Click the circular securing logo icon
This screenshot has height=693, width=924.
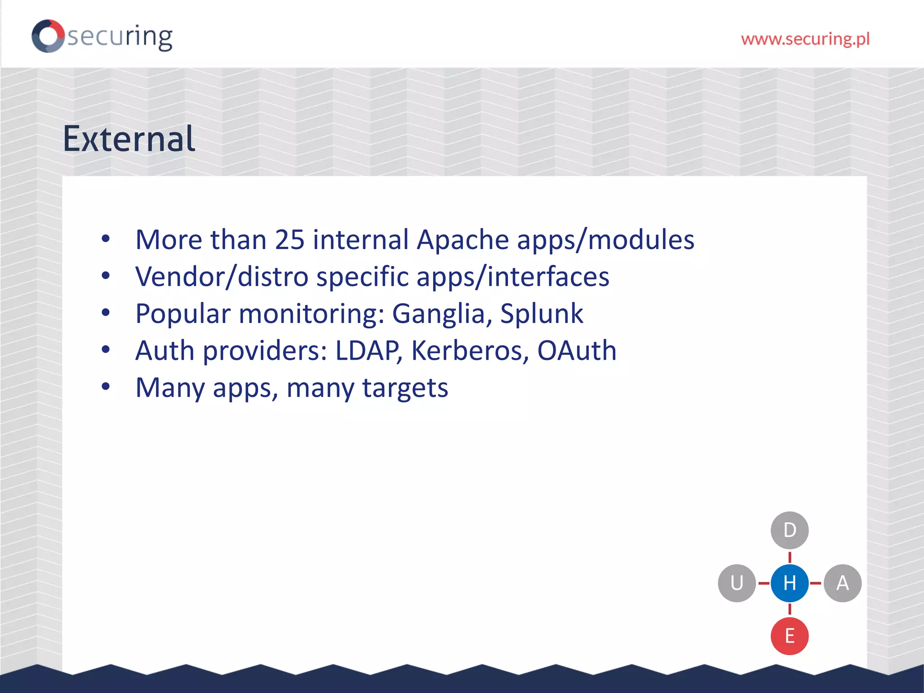(48, 36)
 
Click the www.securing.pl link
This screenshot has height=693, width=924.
(805, 39)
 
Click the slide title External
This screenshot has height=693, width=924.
(129, 139)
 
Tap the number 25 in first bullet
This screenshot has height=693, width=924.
(290, 240)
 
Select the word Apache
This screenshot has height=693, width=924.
(462, 240)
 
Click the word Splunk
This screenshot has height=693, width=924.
(541, 314)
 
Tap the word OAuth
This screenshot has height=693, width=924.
(577, 351)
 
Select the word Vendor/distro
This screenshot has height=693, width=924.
(222, 277)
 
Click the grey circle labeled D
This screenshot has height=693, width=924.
(790, 530)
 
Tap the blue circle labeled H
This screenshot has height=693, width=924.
(790, 583)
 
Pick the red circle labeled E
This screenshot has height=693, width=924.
(790, 636)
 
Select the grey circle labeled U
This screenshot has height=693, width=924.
(737, 583)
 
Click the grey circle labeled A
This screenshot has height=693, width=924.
(842, 583)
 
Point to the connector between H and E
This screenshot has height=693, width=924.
(790, 610)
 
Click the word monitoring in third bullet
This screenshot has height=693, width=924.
(311, 314)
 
